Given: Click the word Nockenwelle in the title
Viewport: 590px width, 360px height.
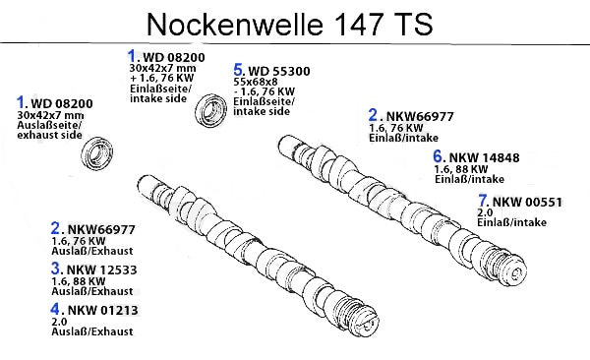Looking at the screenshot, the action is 235,25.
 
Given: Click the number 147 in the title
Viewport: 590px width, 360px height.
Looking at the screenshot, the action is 358,25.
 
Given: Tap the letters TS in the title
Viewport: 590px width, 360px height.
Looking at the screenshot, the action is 414,25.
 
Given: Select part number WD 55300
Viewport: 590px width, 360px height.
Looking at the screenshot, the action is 279,71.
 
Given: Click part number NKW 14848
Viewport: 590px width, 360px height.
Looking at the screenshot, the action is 484,157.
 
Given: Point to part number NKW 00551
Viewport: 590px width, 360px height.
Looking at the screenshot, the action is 527,203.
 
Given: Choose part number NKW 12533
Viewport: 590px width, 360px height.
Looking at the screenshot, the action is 101,270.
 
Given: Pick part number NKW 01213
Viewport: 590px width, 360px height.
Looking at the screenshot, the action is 102,310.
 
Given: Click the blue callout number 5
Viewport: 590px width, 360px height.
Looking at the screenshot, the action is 239,70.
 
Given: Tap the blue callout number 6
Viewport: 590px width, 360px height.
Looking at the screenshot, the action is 438,156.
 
